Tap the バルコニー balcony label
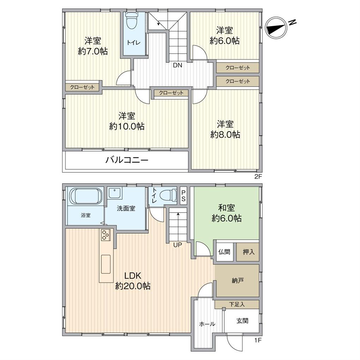(127, 161)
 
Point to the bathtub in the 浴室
(86, 196)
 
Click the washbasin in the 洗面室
(115, 193)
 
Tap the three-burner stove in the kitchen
(106, 235)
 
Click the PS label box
(184, 196)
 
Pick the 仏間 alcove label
(224, 252)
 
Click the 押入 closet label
(248, 252)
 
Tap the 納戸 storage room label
(238, 281)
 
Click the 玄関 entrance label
(242, 321)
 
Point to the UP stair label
(177, 244)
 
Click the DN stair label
(177, 65)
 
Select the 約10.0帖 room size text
(127, 126)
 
